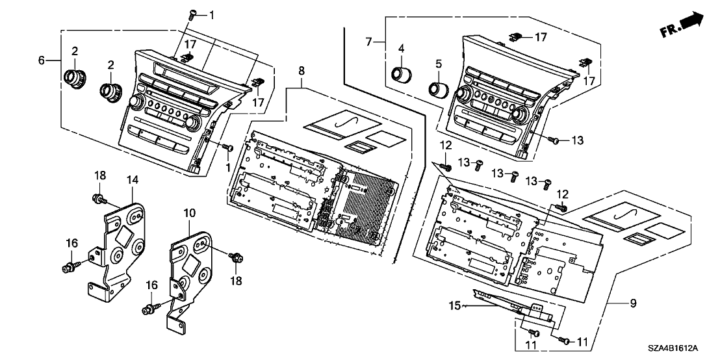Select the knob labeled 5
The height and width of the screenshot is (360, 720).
point(437,89)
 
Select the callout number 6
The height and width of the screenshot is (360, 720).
point(42,60)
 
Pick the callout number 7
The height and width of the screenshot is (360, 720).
point(369,43)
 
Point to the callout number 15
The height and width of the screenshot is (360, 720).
point(454,305)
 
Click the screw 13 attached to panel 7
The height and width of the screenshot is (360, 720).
point(552,140)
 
